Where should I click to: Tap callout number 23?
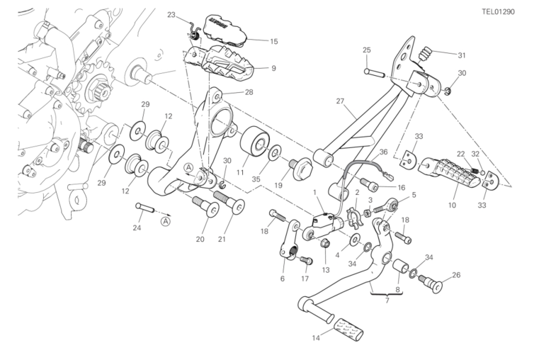coord(172,14)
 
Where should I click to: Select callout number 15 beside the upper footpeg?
coord(273,42)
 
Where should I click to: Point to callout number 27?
coord(340,101)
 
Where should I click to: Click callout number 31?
coord(461,56)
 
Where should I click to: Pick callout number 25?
coord(367,50)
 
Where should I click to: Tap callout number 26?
coord(456,275)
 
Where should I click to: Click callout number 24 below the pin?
coord(137,228)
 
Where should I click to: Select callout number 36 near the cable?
coord(383,152)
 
